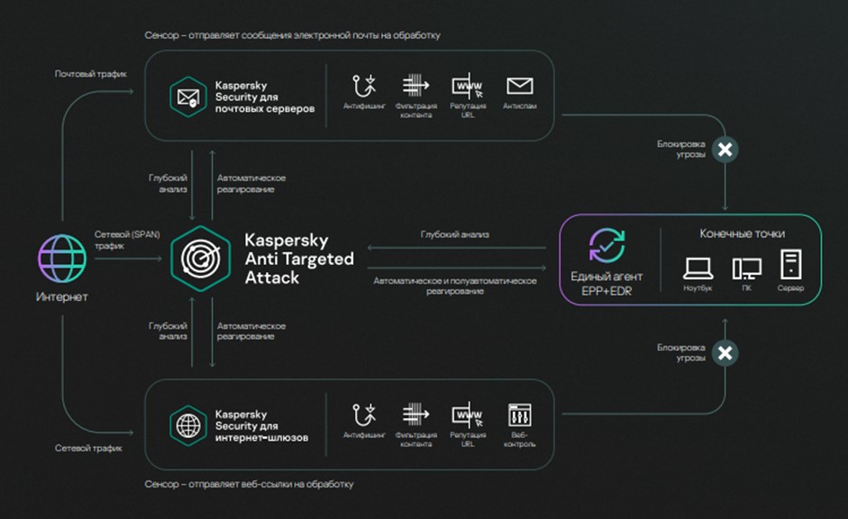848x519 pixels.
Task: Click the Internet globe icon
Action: (x=62, y=259)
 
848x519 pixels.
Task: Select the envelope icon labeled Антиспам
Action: (x=519, y=86)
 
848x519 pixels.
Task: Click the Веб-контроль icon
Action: (x=520, y=415)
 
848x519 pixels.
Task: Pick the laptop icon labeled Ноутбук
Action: (x=698, y=268)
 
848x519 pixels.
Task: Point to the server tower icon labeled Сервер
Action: (x=790, y=266)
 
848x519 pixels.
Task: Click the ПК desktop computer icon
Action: (x=746, y=268)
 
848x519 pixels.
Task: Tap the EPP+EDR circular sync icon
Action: (x=606, y=246)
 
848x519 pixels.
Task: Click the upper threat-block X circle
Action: (x=725, y=150)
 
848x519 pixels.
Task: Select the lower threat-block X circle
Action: (x=725, y=352)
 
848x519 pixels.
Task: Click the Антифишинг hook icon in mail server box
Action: (x=364, y=86)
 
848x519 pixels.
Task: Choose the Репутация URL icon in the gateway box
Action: (x=467, y=415)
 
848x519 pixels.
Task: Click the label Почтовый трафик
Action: (x=91, y=73)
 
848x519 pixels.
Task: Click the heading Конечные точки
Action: (x=742, y=234)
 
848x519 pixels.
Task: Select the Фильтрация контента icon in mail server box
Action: (x=415, y=86)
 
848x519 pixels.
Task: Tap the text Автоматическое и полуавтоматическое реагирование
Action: (x=455, y=287)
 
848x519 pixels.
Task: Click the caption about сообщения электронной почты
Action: (x=292, y=35)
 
